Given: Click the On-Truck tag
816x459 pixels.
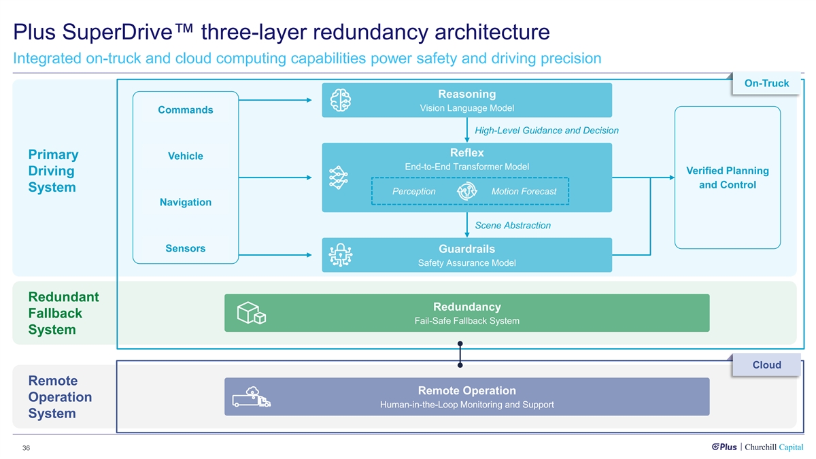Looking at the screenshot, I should click(766, 83).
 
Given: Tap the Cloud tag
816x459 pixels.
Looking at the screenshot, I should click(766, 365).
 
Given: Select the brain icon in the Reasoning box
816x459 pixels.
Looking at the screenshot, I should click(340, 100).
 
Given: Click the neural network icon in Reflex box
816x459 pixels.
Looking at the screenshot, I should click(338, 178).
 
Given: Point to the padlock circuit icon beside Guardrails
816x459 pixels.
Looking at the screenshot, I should click(339, 256).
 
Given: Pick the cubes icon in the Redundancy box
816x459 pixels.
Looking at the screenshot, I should click(251, 313).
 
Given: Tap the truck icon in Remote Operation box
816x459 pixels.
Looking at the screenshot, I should click(252, 397).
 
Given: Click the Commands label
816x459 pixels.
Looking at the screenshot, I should click(186, 110).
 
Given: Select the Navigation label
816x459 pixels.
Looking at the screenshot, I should click(186, 202).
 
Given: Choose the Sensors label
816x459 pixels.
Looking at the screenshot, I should click(186, 248).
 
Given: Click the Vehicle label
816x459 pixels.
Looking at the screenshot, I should click(186, 156).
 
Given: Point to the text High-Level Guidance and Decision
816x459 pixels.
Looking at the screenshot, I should click(547, 131).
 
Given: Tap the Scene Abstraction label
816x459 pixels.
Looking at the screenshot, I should click(513, 225).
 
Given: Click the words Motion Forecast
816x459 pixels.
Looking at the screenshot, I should click(524, 192).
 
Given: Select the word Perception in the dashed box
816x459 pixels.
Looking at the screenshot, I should click(414, 192).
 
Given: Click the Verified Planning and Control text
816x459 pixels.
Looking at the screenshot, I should click(728, 178).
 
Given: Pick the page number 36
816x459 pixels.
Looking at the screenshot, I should click(26, 448).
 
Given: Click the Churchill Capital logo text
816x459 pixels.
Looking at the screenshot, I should click(774, 447).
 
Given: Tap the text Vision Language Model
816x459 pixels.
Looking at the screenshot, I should click(466, 108).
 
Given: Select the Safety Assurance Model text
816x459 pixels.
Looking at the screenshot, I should click(466, 263).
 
